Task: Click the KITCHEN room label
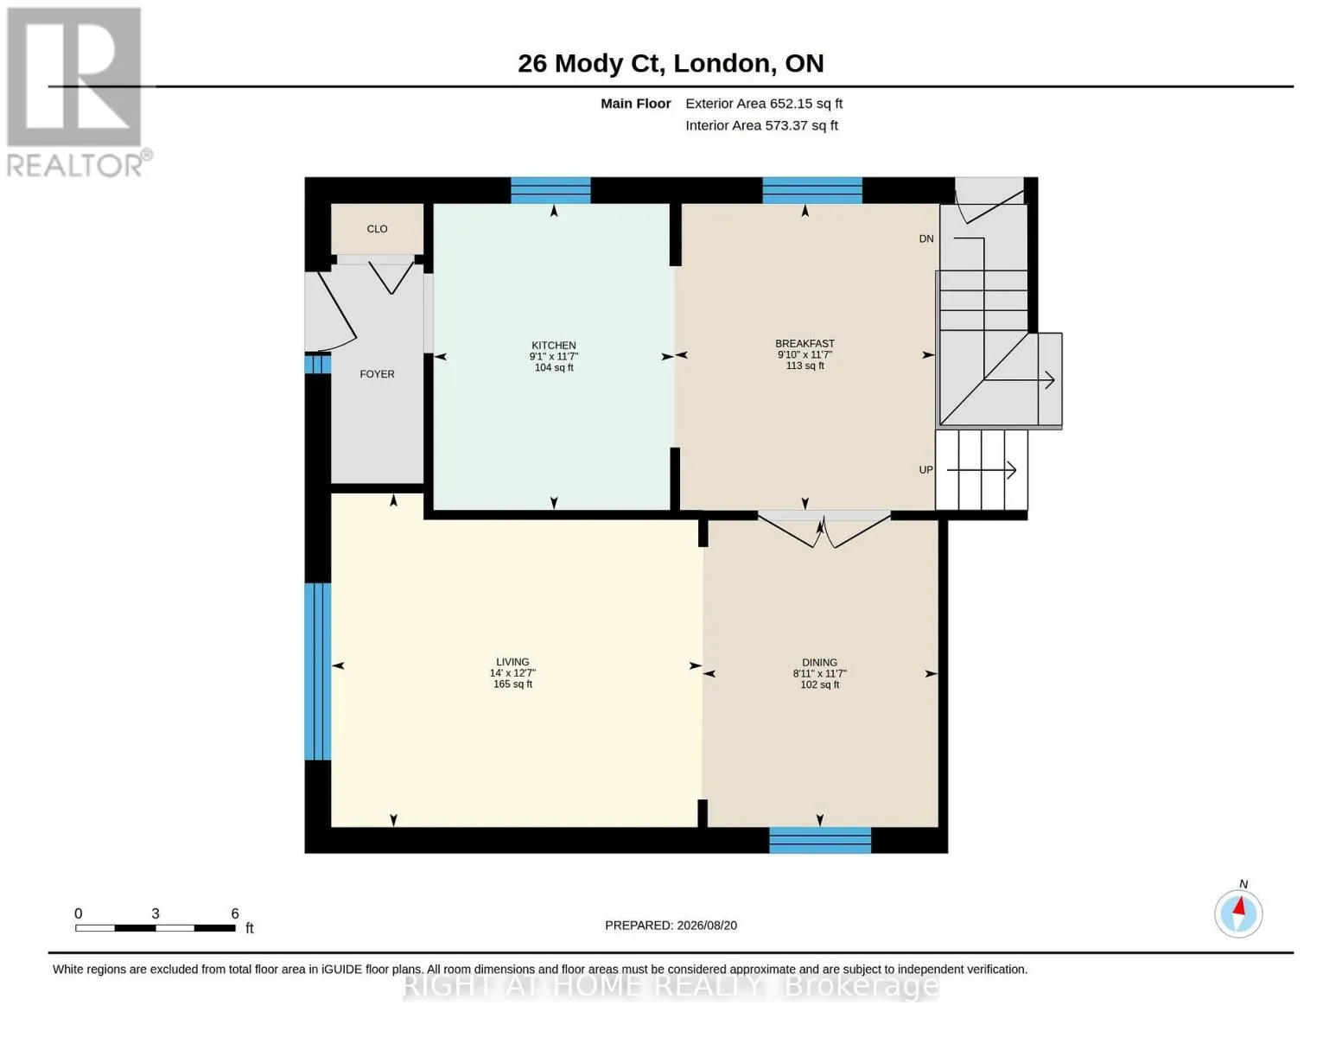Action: click(553, 346)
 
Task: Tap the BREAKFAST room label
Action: click(805, 343)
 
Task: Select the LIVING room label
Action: click(512, 661)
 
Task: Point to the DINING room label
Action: click(819, 662)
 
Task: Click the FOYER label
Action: click(377, 374)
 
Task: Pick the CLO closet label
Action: click(377, 229)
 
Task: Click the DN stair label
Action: click(925, 239)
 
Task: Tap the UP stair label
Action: click(925, 470)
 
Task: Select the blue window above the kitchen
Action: click(550, 190)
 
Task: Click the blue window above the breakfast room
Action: click(812, 190)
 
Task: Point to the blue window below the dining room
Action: click(819, 840)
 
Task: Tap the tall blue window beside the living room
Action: click(317, 671)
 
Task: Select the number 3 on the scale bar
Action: click(156, 913)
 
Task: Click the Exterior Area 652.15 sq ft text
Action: click(764, 104)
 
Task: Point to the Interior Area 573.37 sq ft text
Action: click(761, 125)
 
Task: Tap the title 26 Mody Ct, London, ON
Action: click(671, 64)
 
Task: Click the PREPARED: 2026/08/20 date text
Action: click(671, 926)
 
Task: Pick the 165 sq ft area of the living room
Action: click(512, 684)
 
